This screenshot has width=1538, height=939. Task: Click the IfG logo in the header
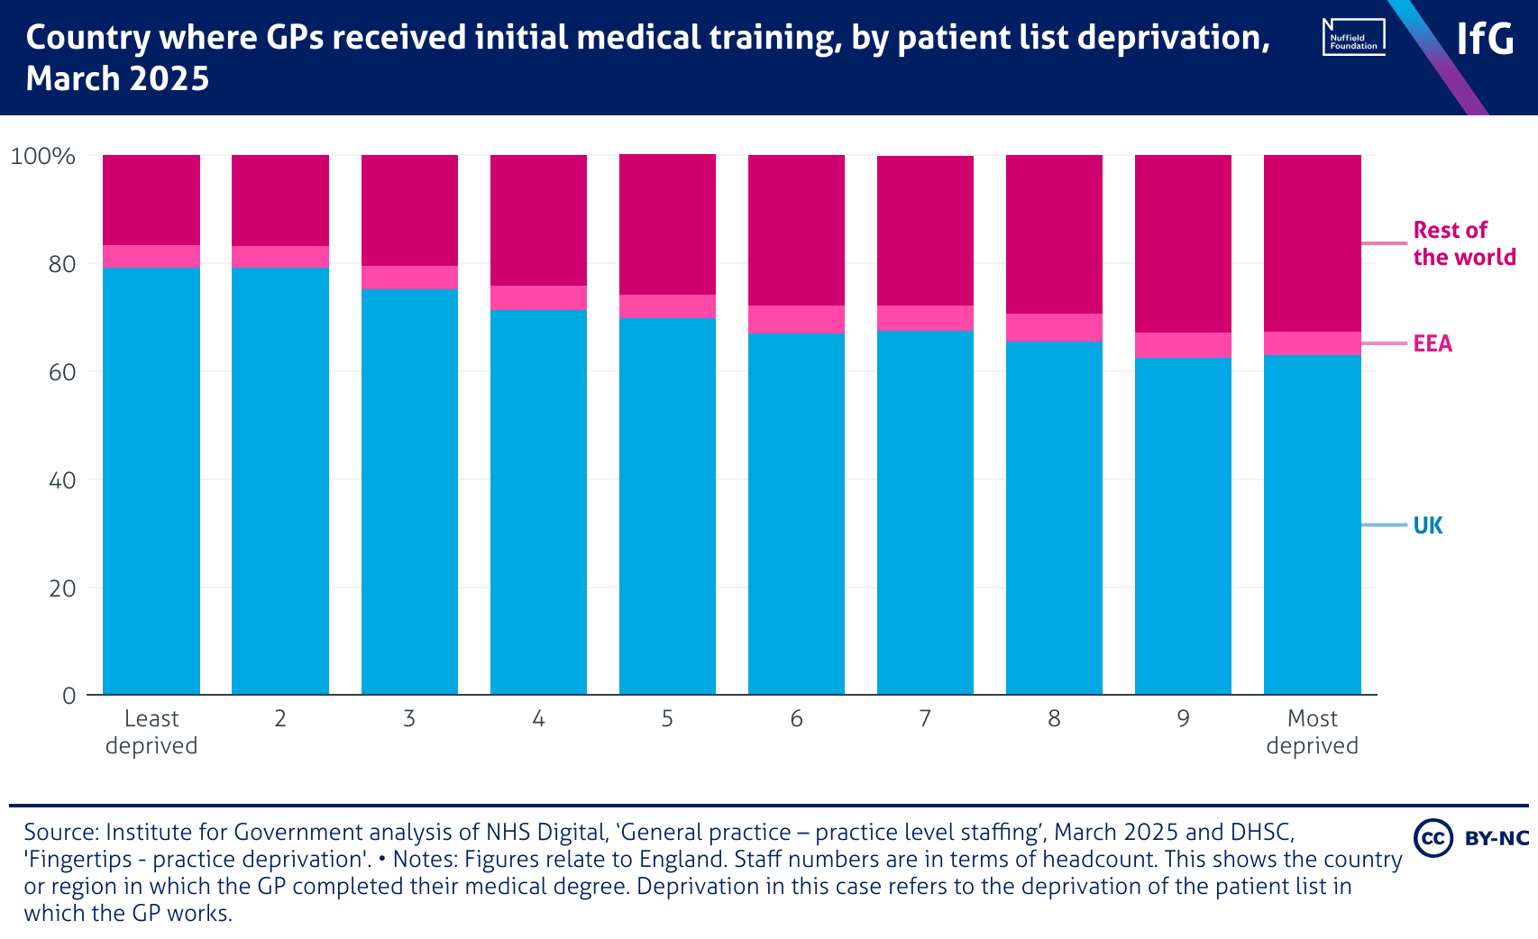[1485, 38]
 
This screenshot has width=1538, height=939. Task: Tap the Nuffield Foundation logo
[1353, 38]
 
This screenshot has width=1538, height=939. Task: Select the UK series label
[1427, 525]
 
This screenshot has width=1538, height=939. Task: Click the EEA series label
[1433, 343]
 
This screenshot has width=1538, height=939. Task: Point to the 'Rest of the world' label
[1463, 243]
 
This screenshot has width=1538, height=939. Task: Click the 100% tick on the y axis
[42, 156]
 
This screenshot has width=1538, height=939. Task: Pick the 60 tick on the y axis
[62, 372]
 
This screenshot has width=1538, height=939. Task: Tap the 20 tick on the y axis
[62, 588]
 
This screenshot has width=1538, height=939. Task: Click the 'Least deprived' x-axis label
[151, 732]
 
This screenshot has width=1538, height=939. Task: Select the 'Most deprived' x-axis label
[1312, 732]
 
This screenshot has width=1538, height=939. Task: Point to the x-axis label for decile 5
[667, 718]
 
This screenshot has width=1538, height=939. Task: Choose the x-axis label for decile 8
[1054, 718]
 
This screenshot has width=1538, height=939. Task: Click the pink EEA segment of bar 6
[796, 319]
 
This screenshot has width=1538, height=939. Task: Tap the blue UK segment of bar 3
[409, 491]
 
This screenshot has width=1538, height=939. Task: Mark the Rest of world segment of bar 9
[1183, 243]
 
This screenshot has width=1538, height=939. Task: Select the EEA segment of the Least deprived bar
[151, 257]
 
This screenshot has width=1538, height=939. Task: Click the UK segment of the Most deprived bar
[1312, 524]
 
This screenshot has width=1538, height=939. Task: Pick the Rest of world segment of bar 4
[538, 220]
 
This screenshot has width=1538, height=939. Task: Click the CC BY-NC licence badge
[1471, 838]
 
